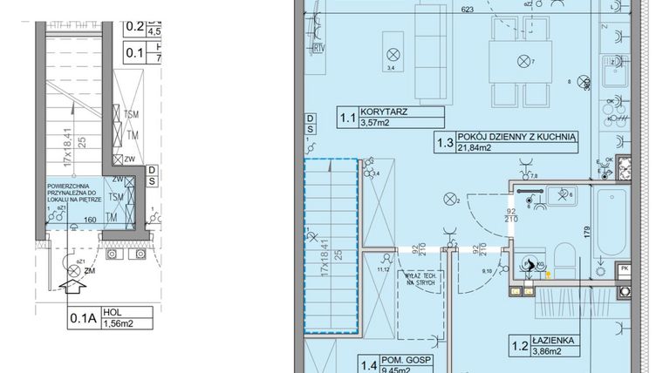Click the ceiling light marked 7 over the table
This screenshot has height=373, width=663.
(523, 61)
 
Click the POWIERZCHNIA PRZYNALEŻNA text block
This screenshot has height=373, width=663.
(77, 193)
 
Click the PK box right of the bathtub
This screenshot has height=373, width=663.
(623, 269)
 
